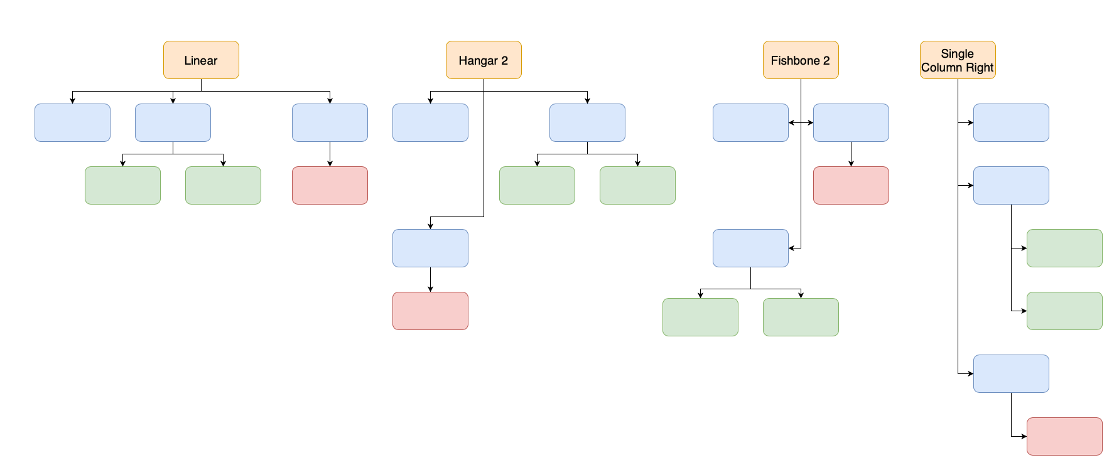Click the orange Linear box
[x=201, y=60]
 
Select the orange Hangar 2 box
[x=484, y=60]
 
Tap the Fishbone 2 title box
[x=801, y=60]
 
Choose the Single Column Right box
[x=958, y=60]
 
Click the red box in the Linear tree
[x=330, y=185]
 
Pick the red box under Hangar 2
[x=430, y=311]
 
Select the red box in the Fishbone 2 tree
[x=851, y=185]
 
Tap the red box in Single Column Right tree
[x=1064, y=436]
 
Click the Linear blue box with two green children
[x=173, y=122]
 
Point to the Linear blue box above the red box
[x=330, y=122]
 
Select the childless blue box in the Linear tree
[x=72, y=122]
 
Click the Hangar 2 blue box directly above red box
[x=430, y=248]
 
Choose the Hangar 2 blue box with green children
[x=587, y=122]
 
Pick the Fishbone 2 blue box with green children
[x=750, y=248]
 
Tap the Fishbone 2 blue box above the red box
[x=851, y=122]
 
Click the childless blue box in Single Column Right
[x=1011, y=122]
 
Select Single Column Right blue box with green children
[x=1011, y=185]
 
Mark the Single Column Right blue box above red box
[x=1011, y=373]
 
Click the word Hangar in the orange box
[x=478, y=61]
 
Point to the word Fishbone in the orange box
[x=795, y=61]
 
